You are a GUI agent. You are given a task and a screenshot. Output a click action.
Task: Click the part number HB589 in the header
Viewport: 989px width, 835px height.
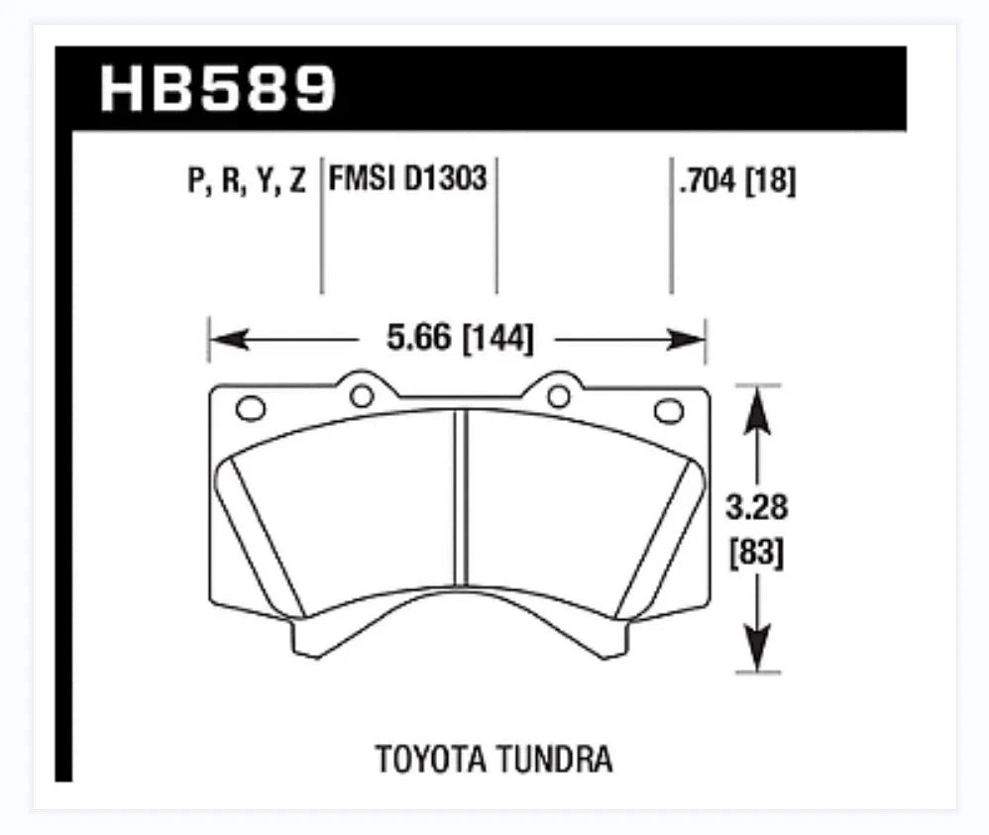[x=219, y=88]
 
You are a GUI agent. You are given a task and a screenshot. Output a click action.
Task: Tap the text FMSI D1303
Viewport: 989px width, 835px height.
[x=407, y=180]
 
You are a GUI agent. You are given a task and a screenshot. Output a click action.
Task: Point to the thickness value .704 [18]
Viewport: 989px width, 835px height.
[x=736, y=181]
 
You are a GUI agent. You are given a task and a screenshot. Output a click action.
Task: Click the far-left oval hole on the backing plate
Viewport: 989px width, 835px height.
[x=250, y=408]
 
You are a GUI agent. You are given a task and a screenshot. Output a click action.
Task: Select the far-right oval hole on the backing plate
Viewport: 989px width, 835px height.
[x=669, y=408]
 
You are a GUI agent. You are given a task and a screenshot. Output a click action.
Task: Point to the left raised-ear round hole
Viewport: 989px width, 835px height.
[x=361, y=396]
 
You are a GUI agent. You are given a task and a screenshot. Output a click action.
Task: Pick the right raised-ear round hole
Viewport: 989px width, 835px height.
[x=559, y=396]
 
